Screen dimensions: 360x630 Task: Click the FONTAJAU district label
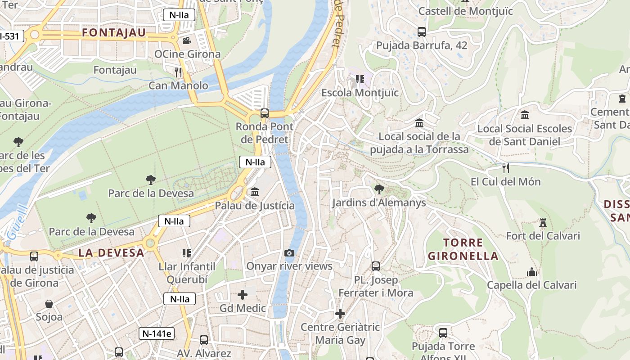click(114, 33)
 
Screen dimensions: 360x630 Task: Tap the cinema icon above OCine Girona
click(187, 41)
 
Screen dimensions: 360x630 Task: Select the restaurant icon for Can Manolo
click(179, 72)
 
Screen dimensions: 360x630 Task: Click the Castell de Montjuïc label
click(465, 11)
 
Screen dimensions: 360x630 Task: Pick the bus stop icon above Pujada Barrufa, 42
click(422, 32)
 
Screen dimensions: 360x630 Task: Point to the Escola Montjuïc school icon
click(360, 79)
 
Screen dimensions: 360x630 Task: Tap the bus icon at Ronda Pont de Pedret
click(265, 113)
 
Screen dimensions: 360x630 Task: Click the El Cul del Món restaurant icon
click(506, 168)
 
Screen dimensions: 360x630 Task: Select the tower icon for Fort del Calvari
click(543, 222)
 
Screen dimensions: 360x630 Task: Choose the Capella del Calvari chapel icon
click(532, 272)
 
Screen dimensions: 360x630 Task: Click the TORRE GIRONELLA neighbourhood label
click(463, 249)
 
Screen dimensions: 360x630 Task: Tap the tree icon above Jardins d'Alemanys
click(379, 189)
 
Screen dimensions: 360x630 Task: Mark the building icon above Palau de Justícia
click(255, 192)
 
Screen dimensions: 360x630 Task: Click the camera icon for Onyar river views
click(289, 253)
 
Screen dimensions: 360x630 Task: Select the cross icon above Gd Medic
click(243, 295)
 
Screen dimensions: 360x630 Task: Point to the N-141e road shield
click(156, 333)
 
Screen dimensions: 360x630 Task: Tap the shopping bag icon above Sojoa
click(49, 304)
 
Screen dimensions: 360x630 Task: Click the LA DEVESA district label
click(111, 253)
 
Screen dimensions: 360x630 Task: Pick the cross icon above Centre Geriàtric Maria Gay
click(340, 314)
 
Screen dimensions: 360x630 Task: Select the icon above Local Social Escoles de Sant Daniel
click(525, 115)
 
